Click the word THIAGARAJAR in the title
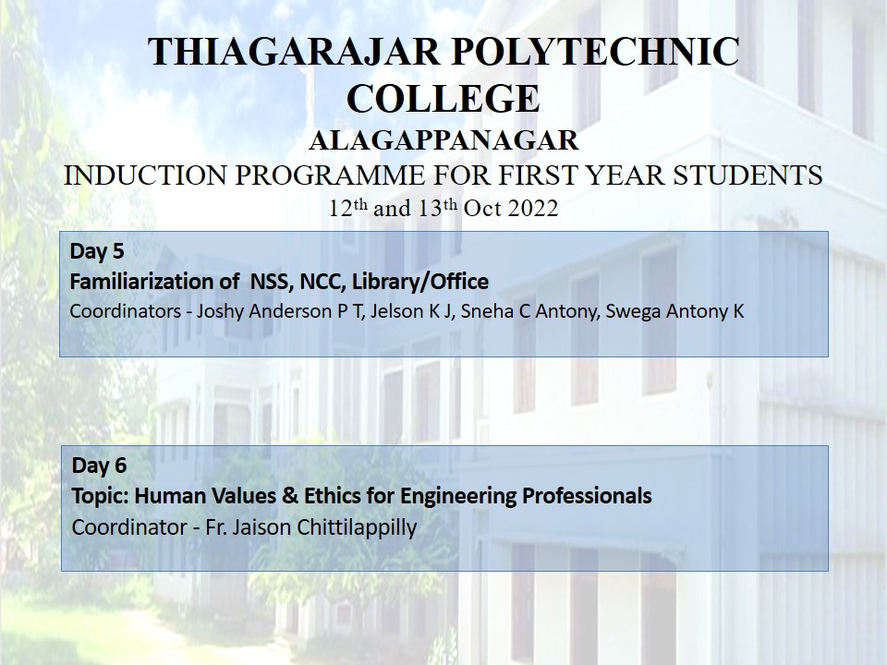(294, 52)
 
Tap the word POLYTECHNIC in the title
(595, 52)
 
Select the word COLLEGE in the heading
(443, 99)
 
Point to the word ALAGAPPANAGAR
(443, 140)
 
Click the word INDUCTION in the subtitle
(145, 175)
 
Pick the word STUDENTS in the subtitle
(747, 175)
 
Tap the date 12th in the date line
(348, 208)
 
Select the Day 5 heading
(97, 251)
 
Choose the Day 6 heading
(99, 465)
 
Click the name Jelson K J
(411, 311)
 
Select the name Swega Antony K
(674, 311)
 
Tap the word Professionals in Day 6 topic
(587, 496)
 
